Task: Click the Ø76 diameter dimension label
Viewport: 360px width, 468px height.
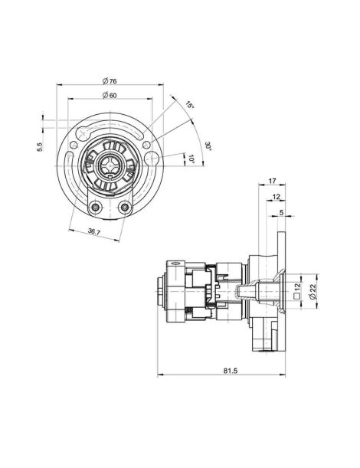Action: click(x=110, y=81)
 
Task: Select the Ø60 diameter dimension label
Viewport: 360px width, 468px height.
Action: click(x=110, y=95)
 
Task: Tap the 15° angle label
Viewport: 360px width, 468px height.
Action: click(x=190, y=105)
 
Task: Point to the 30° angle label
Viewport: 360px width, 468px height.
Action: click(x=208, y=146)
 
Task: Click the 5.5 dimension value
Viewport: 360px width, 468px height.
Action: click(x=40, y=147)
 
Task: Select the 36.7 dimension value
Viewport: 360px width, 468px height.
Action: click(x=94, y=231)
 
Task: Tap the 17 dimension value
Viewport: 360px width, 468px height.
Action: click(x=272, y=181)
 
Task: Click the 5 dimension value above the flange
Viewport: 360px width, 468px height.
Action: click(x=281, y=212)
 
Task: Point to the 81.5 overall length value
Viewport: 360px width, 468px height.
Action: click(x=231, y=371)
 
